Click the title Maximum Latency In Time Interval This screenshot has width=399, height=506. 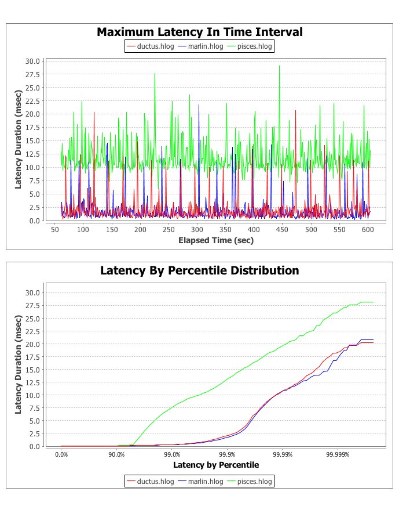pos(199,32)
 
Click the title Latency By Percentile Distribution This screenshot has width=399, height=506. pos(199,270)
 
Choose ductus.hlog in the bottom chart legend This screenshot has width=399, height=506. pos(149,481)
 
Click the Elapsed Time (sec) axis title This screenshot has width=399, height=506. pos(215,240)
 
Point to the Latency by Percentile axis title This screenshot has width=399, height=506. pos(215,465)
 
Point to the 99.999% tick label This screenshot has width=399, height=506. pos(338,455)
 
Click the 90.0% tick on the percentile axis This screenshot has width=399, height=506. pos(116,455)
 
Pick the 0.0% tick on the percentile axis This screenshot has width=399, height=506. pos(61,455)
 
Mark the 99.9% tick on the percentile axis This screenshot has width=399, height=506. pos(227,455)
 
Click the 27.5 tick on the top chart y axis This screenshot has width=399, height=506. pos(32,74)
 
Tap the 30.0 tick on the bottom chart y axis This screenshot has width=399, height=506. pos(32,292)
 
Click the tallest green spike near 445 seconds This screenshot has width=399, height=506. pos(279,66)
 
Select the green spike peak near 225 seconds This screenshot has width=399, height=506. pos(155,74)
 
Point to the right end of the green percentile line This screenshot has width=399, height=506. pos(374,302)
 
